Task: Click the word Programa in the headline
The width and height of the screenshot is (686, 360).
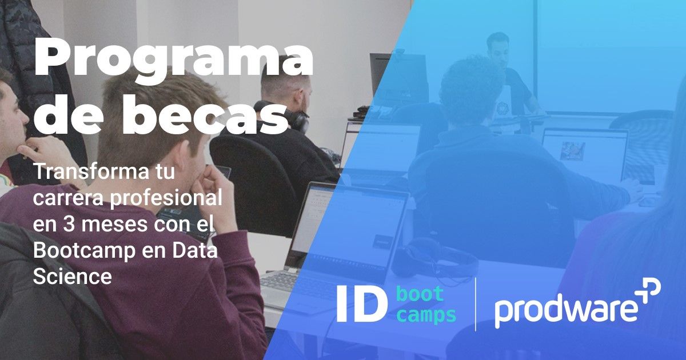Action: tap(173, 58)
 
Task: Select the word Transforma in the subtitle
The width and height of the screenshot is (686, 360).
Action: tap(88, 172)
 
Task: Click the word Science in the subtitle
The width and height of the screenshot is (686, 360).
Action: tap(72, 277)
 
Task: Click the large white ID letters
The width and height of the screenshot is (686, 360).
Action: tap(362, 304)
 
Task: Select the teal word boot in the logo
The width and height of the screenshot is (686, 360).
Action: tap(420, 293)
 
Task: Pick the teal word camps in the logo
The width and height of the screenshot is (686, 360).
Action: tap(426, 315)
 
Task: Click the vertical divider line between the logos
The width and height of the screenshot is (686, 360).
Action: tap(475, 305)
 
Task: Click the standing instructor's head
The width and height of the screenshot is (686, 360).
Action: tap(497, 49)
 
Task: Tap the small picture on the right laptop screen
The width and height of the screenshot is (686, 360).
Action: tap(572, 151)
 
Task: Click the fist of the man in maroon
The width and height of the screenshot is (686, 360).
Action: tap(216, 183)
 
